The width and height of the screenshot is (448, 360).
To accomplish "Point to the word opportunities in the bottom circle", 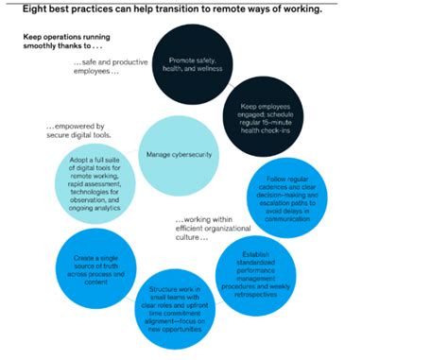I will tap(180, 332).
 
